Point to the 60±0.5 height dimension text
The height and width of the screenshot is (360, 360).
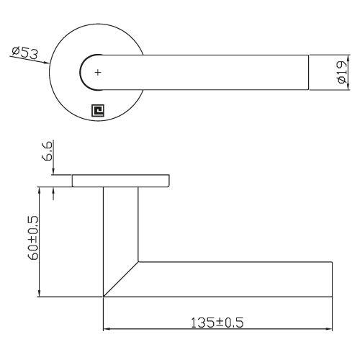[x=32, y=241]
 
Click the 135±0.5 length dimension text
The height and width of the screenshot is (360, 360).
[x=217, y=322]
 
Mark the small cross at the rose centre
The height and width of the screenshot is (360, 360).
[x=99, y=73]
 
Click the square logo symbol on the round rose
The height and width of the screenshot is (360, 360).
[x=98, y=110]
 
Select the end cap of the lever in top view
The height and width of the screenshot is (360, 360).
[x=309, y=73]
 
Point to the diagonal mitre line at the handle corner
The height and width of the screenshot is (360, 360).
[x=121, y=279]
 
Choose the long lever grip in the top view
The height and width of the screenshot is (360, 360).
[x=209, y=73]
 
